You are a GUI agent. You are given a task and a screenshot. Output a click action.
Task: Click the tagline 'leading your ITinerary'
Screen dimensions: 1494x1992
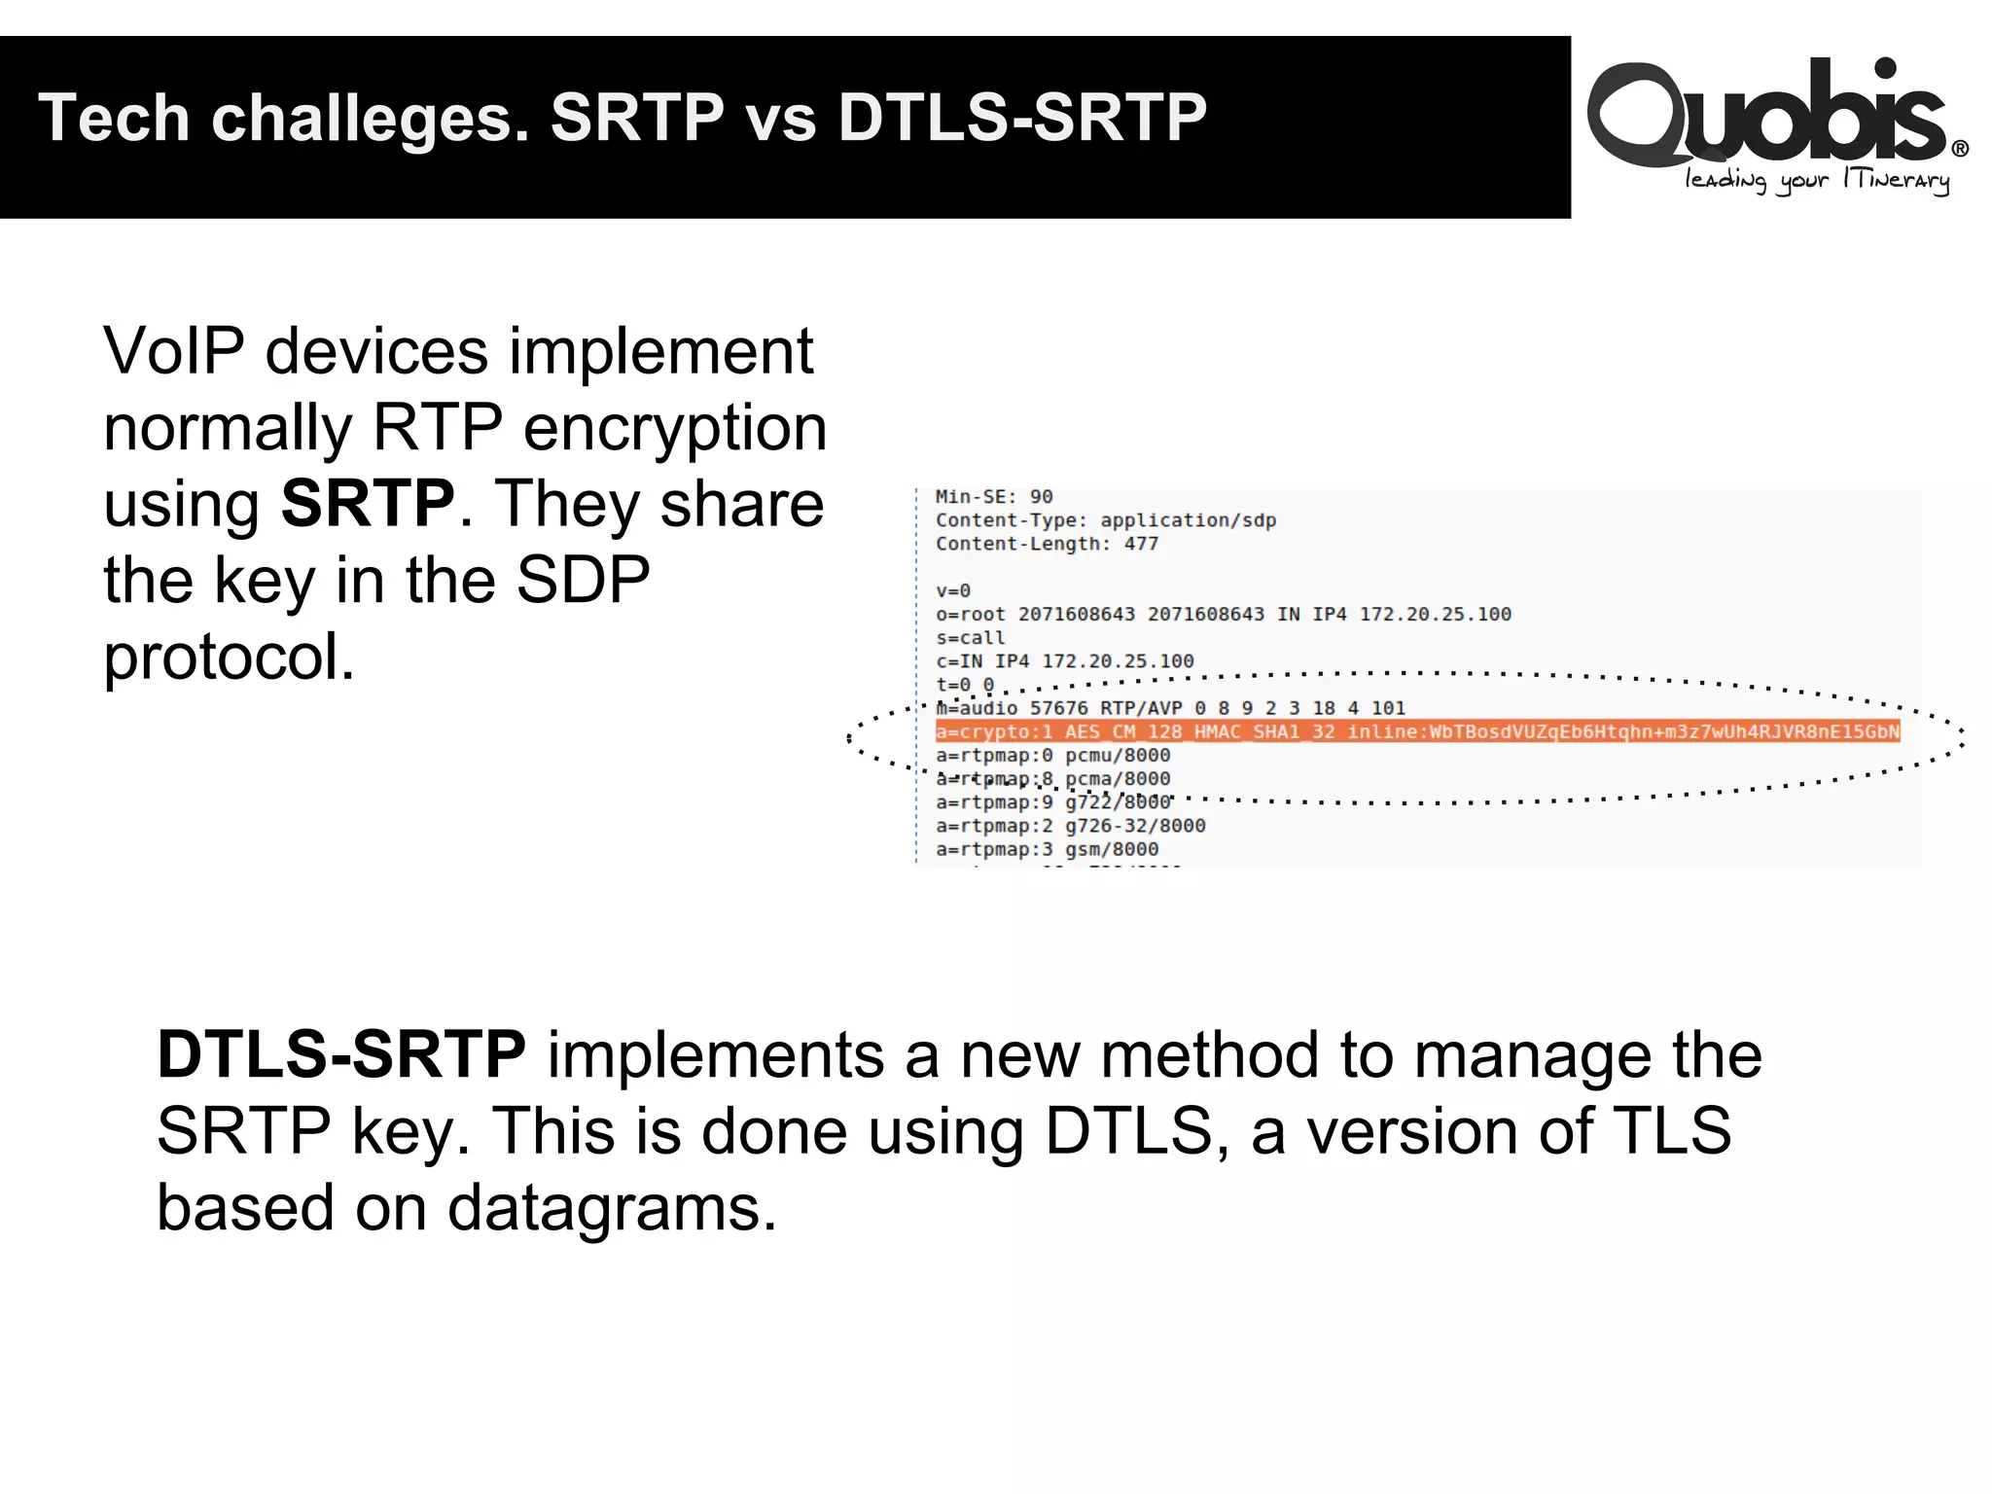coord(1816,181)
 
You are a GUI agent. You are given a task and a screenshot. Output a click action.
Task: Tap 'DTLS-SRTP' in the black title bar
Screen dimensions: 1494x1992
coord(1021,118)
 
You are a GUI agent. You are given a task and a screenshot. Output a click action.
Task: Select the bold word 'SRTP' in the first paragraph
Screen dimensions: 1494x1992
coord(367,504)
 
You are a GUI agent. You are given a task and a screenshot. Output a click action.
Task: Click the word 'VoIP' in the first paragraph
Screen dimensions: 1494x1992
coord(173,351)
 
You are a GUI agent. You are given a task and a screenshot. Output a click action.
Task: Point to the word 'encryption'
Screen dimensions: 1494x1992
coord(675,428)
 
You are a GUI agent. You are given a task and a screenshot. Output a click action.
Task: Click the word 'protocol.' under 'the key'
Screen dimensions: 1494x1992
coord(230,657)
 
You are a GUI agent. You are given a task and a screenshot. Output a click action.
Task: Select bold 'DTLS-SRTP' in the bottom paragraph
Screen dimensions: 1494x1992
coord(341,1054)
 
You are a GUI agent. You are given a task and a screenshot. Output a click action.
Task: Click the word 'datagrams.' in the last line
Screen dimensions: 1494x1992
coord(612,1208)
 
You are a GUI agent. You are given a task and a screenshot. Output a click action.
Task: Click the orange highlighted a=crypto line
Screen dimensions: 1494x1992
coord(1416,731)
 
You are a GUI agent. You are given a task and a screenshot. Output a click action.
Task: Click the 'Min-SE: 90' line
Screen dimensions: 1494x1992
coord(993,497)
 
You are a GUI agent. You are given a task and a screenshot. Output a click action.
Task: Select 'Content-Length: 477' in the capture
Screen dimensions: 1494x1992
coord(1047,544)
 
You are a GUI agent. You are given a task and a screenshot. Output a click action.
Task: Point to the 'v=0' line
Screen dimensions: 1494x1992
coord(952,590)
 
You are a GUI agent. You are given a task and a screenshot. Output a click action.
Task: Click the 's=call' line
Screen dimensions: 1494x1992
coord(970,638)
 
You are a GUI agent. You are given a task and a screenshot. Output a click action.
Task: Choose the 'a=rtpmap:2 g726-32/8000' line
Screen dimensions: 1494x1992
coord(1070,826)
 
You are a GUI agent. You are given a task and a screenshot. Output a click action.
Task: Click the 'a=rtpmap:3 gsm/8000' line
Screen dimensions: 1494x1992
coord(1047,849)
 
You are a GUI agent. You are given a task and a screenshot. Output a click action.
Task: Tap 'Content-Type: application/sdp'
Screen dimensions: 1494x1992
coord(1105,520)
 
